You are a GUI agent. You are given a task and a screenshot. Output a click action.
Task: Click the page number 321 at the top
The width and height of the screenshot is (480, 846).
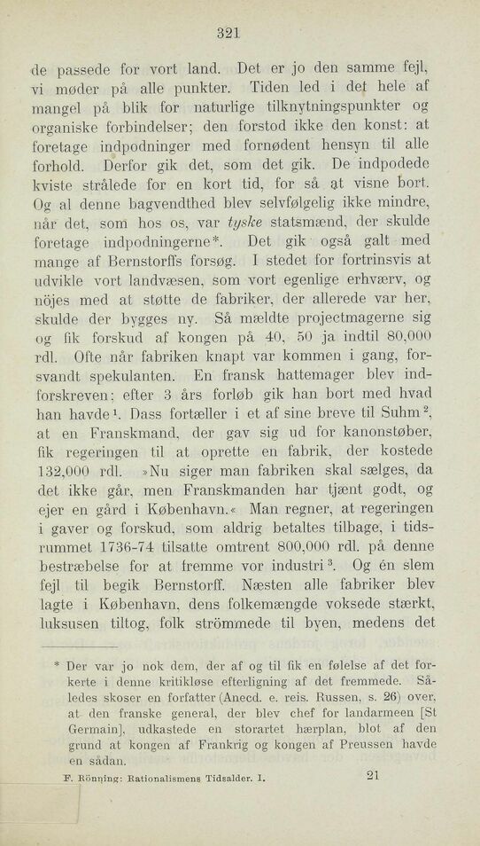(x=228, y=34)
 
